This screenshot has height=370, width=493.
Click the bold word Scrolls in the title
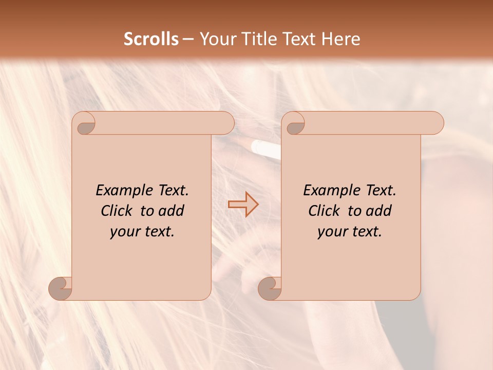(x=151, y=39)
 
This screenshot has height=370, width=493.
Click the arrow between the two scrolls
(x=243, y=204)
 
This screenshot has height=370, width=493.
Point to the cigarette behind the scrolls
(x=266, y=149)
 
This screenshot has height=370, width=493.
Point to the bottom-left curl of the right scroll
(x=270, y=288)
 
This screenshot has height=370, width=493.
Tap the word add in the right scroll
(x=379, y=211)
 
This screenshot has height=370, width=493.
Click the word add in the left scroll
(x=172, y=211)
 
